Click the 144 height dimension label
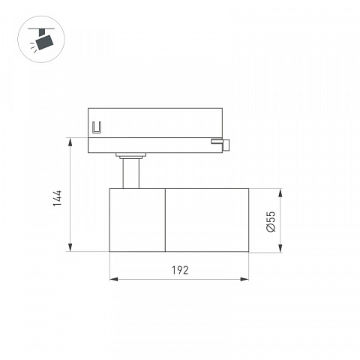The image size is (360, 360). point(57,198)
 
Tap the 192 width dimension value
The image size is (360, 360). point(180,270)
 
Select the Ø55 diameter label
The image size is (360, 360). point(271,222)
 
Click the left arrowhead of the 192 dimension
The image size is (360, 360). point(114,279)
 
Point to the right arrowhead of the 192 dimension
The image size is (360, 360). point(244,279)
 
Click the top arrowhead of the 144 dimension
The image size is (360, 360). point(70,142)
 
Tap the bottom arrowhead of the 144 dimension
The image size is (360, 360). point(70,247)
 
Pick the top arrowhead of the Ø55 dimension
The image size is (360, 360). point(280,193)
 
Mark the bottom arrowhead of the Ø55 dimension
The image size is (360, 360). point(280,248)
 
